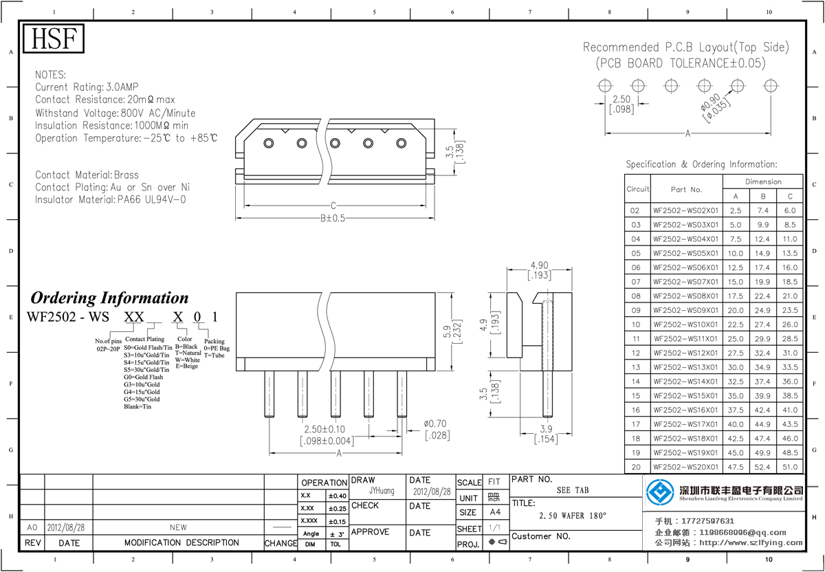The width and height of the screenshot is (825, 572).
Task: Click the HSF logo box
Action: [54, 39]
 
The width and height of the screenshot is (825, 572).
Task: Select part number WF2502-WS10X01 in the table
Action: [685, 324]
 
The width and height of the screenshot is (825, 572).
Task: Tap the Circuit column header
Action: [637, 189]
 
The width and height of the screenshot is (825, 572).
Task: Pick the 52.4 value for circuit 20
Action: [763, 467]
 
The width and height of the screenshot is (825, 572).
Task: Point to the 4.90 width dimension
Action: [539, 265]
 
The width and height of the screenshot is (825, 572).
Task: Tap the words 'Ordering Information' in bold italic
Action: [109, 298]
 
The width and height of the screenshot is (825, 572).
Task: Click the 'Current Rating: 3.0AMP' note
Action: [87, 87]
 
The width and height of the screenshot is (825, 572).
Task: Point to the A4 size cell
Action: [494, 512]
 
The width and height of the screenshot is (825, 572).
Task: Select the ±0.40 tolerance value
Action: [337, 496]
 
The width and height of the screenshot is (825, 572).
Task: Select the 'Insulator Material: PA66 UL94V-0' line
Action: [110, 200]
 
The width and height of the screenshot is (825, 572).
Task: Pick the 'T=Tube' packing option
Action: [214, 355]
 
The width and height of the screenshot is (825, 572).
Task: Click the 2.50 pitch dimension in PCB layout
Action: [621, 100]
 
